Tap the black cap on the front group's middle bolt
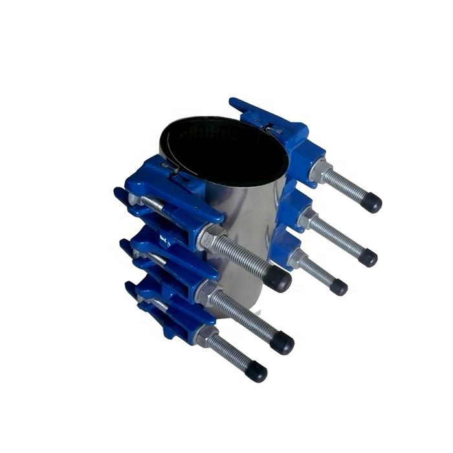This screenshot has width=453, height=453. (282, 342)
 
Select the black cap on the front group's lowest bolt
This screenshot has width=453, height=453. (256, 371)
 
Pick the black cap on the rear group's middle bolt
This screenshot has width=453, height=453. (367, 257)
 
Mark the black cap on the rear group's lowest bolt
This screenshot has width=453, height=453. (338, 287)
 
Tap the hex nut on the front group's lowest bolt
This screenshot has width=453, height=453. (206, 337)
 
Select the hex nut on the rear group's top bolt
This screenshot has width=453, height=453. (320, 171)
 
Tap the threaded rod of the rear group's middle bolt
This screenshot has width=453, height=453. (337, 238)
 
